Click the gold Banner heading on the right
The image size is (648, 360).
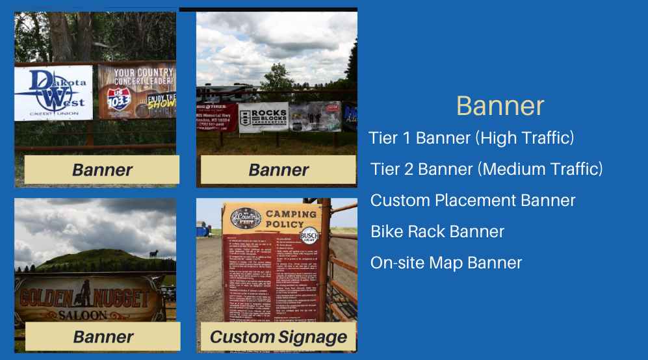(500, 106)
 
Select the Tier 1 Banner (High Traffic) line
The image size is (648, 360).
(471, 138)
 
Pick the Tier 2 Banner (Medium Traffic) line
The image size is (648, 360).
(486, 169)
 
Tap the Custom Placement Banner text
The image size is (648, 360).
(473, 200)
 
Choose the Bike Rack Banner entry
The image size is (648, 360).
(437, 231)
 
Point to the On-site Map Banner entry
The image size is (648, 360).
(446, 263)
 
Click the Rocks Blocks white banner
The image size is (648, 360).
(263, 117)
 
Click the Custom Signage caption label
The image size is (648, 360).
(278, 337)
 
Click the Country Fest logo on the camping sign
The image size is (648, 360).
(245, 217)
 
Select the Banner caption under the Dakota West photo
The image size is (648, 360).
(102, 170)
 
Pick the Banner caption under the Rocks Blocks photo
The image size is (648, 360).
(278, 170)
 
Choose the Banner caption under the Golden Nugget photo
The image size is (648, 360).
(103, 337)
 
